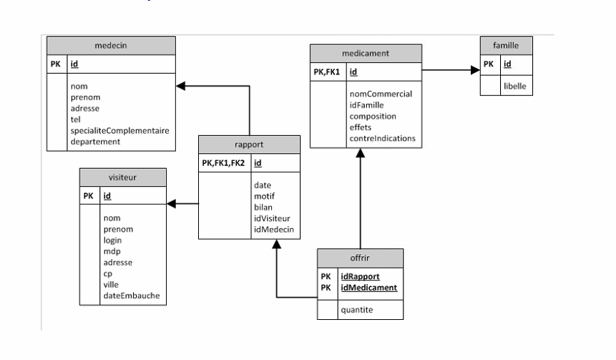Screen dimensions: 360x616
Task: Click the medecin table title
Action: [x=111, y=45]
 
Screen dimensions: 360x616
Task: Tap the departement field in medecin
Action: [x=96, y=142]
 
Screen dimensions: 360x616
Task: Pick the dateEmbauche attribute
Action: [x=132, y=296]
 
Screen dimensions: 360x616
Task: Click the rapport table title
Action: [x=249, y=143]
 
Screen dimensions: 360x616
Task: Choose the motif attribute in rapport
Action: [x=265, y=196]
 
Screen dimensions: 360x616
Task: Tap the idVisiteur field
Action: [x=273, y=218]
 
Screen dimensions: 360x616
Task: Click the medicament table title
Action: [x=366, y=53]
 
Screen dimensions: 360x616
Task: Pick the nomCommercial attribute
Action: [x=380, y=94]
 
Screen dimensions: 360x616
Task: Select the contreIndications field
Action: [x=382, y=138]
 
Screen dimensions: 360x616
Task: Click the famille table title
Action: [x=506, y=45]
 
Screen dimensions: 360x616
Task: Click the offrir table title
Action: [x=360, y=258]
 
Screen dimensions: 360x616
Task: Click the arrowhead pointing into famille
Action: [x=475, y=71]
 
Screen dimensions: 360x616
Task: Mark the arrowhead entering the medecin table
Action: [x=180, y=86]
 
